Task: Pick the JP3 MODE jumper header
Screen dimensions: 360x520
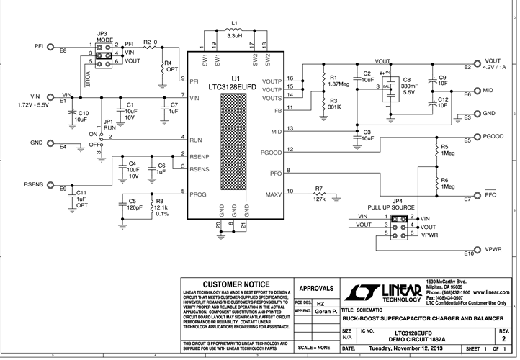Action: (103, 54)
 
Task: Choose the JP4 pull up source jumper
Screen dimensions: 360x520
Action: (401, 225)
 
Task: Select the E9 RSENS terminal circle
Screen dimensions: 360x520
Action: (53, 185)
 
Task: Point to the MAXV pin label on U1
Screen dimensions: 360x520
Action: (273, 194)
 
